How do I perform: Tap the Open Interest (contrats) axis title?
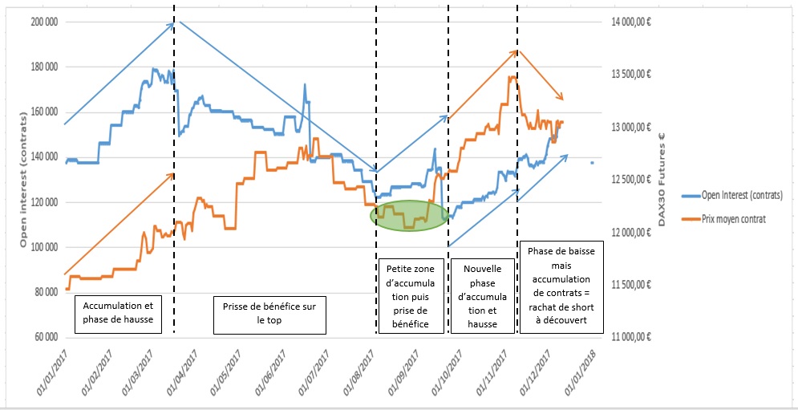23,179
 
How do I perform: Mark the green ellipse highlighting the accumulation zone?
409,216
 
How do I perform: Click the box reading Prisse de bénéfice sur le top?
269,315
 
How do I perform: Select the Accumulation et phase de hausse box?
117,315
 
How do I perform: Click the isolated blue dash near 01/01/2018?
592,163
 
